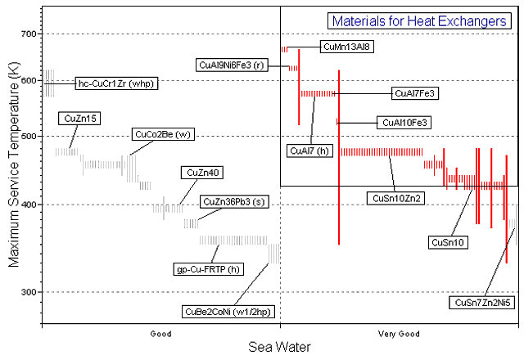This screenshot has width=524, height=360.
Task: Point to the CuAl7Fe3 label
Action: pyautogui.click(x=416, y=93)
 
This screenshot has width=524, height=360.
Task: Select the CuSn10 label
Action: pyautogui.click(x=449, y=242)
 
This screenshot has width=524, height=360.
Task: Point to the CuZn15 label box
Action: pyautogui.click(x=79, y=119)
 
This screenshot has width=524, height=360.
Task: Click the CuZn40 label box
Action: pyautogui.click(x=199, y=173)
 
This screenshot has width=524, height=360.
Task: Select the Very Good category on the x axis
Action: pyautogui.click(x=399, y=334)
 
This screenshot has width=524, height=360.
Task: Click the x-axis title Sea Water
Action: pyautogui.click(x=279, y=348)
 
